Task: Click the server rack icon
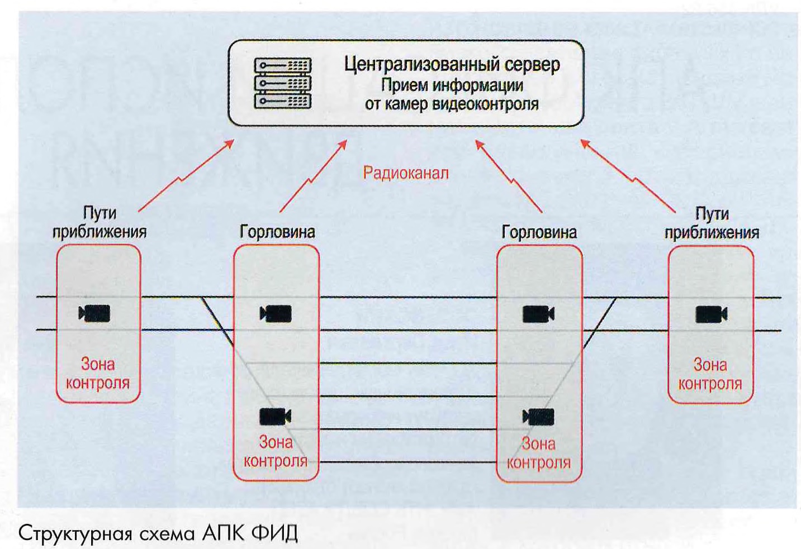click(282, 83)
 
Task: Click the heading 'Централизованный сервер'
click(452, 64)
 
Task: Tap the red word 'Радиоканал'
click(406, 173)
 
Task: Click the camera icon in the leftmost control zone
click(95, 313)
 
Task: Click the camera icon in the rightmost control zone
click(711, 314)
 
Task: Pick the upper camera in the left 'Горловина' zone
click(276, 314)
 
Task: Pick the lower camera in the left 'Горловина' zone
click(276, 417)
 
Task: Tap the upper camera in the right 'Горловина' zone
click(538, 314)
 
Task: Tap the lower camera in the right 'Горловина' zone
click(538, 417)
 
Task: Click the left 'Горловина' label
click(277, 232)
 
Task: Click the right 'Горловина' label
click(539, 232)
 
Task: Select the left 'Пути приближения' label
click(99, 222)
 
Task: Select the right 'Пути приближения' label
click(712, 223)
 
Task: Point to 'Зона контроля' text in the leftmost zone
click(98, 374)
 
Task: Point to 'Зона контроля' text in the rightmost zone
click(710, 374)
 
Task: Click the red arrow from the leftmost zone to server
click(185, 176)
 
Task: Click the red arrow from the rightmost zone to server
click(629, 176)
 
